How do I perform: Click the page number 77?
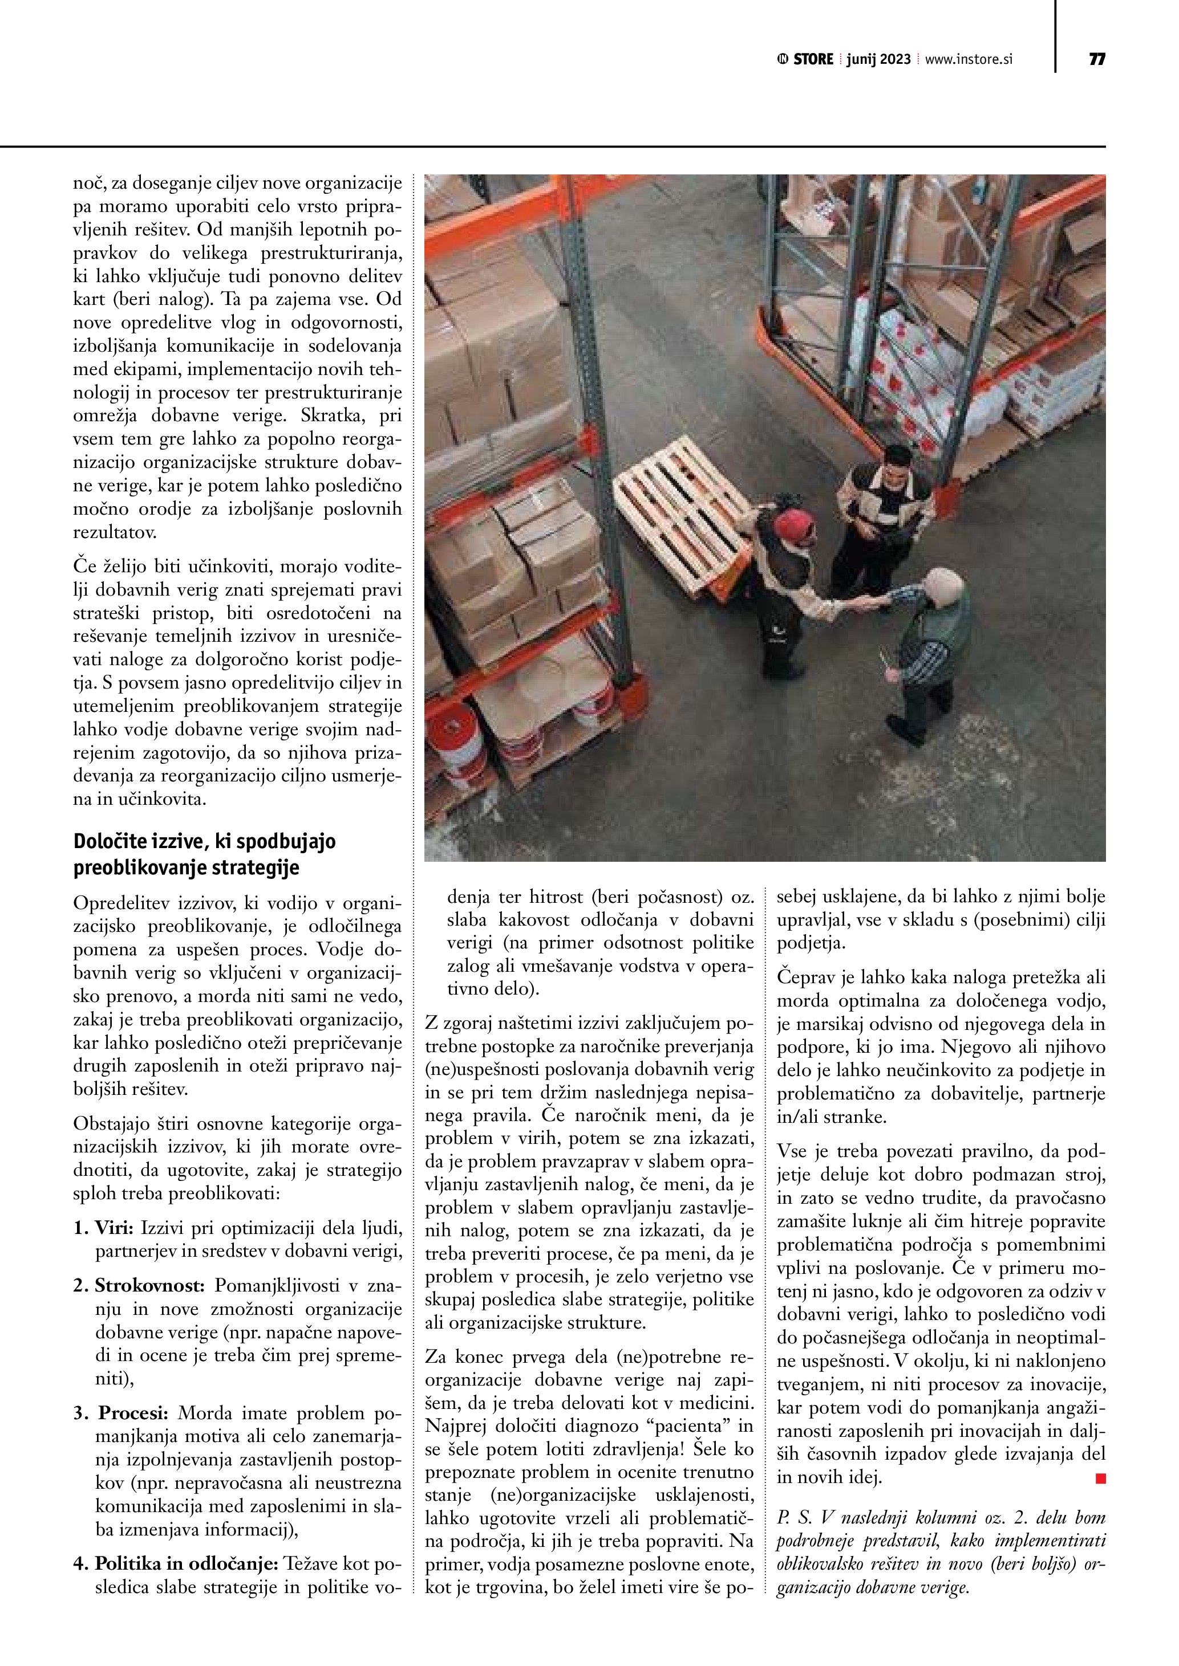1096,59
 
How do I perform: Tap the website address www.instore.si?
969,59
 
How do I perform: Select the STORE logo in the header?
806,59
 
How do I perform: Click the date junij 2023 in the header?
878,59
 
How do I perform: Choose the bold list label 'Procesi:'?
133,1414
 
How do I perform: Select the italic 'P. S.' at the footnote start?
795,1517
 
